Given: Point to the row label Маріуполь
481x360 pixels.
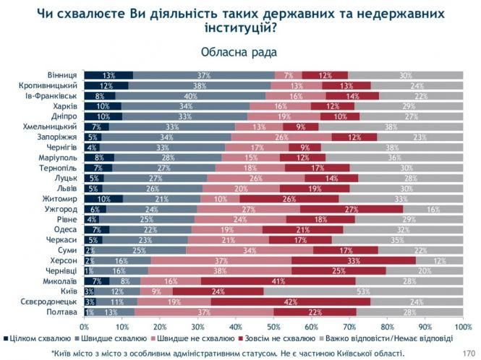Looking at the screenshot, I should click(59, 158).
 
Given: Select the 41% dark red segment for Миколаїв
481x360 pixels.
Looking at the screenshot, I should click(278, 280).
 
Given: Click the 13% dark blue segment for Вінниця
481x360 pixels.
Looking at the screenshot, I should click(108, 75).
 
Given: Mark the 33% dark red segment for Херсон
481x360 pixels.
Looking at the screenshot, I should click(354, 260).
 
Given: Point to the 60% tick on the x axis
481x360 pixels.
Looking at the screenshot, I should click(312, 327).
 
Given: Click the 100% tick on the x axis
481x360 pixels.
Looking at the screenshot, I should click(461, 327).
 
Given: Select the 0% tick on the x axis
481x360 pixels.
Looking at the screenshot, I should click(85, 327).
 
